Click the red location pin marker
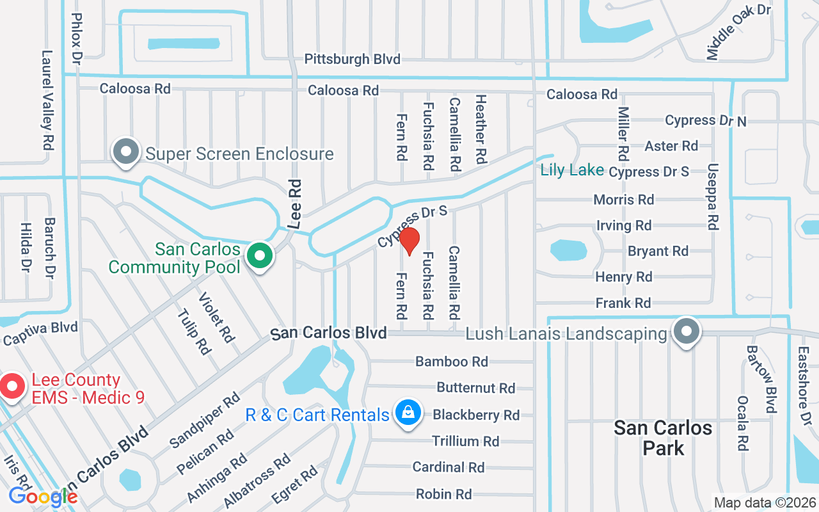[409, 241]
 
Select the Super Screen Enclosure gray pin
[126, 152]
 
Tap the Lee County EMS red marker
[12, 387]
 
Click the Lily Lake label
[572, 170]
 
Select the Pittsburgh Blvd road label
[352, 60]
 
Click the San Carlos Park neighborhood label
[663, 438]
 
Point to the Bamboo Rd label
[452, 362]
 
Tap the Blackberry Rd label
[476, 415]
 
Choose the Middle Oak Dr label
[738, 31]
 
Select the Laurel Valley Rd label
[47, 100]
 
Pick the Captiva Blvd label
[40, 332]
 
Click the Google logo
[43, 497]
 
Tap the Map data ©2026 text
[764, 503]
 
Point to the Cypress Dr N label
[705, 120]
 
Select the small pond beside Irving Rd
[568, 250]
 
